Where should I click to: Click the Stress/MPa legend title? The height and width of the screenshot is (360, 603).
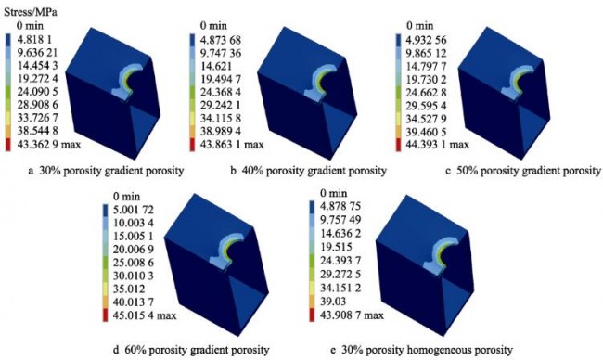[31, 12]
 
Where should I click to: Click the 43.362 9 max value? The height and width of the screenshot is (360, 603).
[49, 145]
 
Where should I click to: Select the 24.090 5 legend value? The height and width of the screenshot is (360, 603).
[37, 92]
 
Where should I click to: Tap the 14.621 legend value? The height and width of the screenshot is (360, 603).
[216, 66]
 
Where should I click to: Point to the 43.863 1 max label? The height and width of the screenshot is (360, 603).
[232, 145]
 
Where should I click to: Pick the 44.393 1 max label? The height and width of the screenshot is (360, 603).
[438, 145]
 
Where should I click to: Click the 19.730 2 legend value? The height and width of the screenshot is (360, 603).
[427, 79]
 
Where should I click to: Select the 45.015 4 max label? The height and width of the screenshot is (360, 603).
[145, 315]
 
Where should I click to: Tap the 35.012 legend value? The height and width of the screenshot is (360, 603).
[128, 289]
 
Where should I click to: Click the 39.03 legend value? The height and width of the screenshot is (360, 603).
[333, 302]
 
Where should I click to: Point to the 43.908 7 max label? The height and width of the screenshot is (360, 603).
[352, 315]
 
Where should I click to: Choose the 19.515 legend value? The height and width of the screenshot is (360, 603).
[335, 247]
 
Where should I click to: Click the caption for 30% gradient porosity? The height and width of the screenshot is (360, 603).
[106, 171]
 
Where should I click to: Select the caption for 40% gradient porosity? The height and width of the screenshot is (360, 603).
[308, 171]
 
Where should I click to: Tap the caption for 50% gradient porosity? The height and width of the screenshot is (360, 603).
[523, 171]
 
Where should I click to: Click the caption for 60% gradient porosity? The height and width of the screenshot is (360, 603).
[191, 350]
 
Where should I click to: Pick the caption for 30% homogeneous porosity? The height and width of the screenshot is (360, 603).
[421, 350]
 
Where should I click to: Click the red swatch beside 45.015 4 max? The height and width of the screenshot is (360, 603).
[106, 315]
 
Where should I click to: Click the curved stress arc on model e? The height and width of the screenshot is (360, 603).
[441, 256]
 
